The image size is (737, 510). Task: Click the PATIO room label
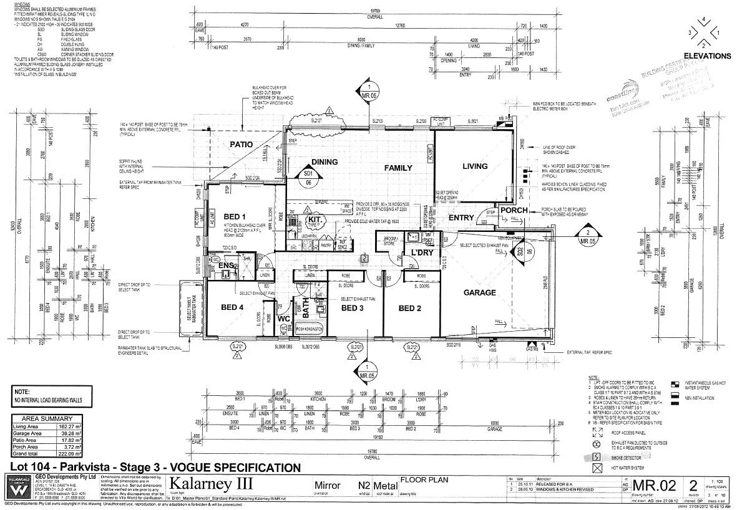coord(242,145)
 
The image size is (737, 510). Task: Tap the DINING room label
coord(324,162)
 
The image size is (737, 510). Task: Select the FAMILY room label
coord(398,168)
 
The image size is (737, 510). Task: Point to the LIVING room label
coord(474,166)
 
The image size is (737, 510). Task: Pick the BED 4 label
coord(232,307)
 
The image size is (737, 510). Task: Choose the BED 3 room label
coord(353,308)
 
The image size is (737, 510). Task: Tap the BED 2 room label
coord(411,308)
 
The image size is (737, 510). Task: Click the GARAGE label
coord(479,292)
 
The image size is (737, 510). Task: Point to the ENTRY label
coord(461,217)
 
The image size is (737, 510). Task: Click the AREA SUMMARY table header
coord(46,418)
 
